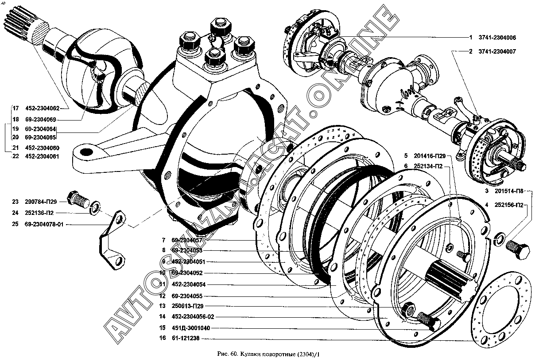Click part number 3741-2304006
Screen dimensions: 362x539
(497, 38)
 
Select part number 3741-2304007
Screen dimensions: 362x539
(497, 51)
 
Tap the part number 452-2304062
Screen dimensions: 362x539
(42, 108)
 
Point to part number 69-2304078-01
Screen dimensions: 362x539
(45, 224)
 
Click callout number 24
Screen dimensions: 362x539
(16, 213)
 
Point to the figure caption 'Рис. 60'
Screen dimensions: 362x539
(268, 355)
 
